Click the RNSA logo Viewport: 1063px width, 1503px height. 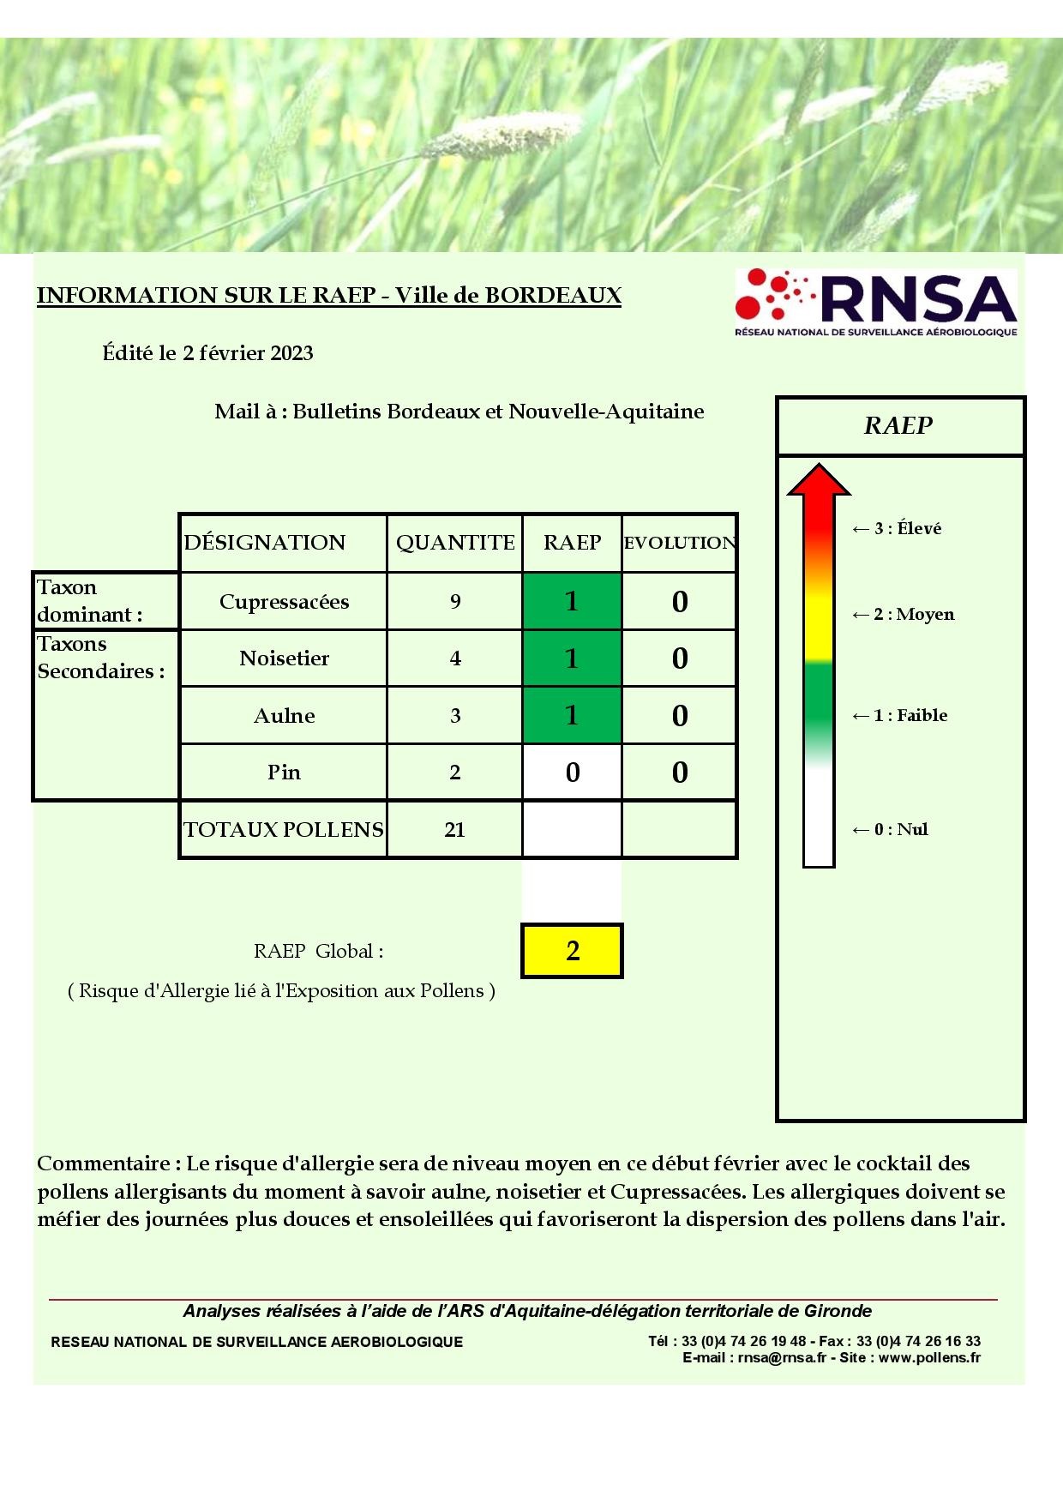[875, 303]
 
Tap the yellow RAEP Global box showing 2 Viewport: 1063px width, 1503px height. [572, 950]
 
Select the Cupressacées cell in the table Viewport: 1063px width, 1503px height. [284, 601]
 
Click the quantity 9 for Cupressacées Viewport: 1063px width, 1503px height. [455, 601]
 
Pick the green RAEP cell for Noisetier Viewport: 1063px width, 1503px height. [572, 658]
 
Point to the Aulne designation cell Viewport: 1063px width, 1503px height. [284, 715]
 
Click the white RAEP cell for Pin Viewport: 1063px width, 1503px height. [572, 772]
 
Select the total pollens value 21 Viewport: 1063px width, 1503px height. [455, 829]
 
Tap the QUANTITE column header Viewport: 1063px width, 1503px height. [455, 543]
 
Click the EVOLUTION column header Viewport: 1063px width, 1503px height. [679, 543]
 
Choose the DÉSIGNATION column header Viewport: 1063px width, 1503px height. [265, 543]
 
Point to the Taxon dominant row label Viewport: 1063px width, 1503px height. [89, 600]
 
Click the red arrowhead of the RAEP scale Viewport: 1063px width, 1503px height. [819, 480]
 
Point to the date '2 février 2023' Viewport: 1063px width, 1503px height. [248, 353]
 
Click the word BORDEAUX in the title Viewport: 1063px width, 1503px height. [553, 295]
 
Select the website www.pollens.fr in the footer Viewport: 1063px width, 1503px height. [929, 1357]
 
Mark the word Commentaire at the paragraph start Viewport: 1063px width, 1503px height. [104, 1163]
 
